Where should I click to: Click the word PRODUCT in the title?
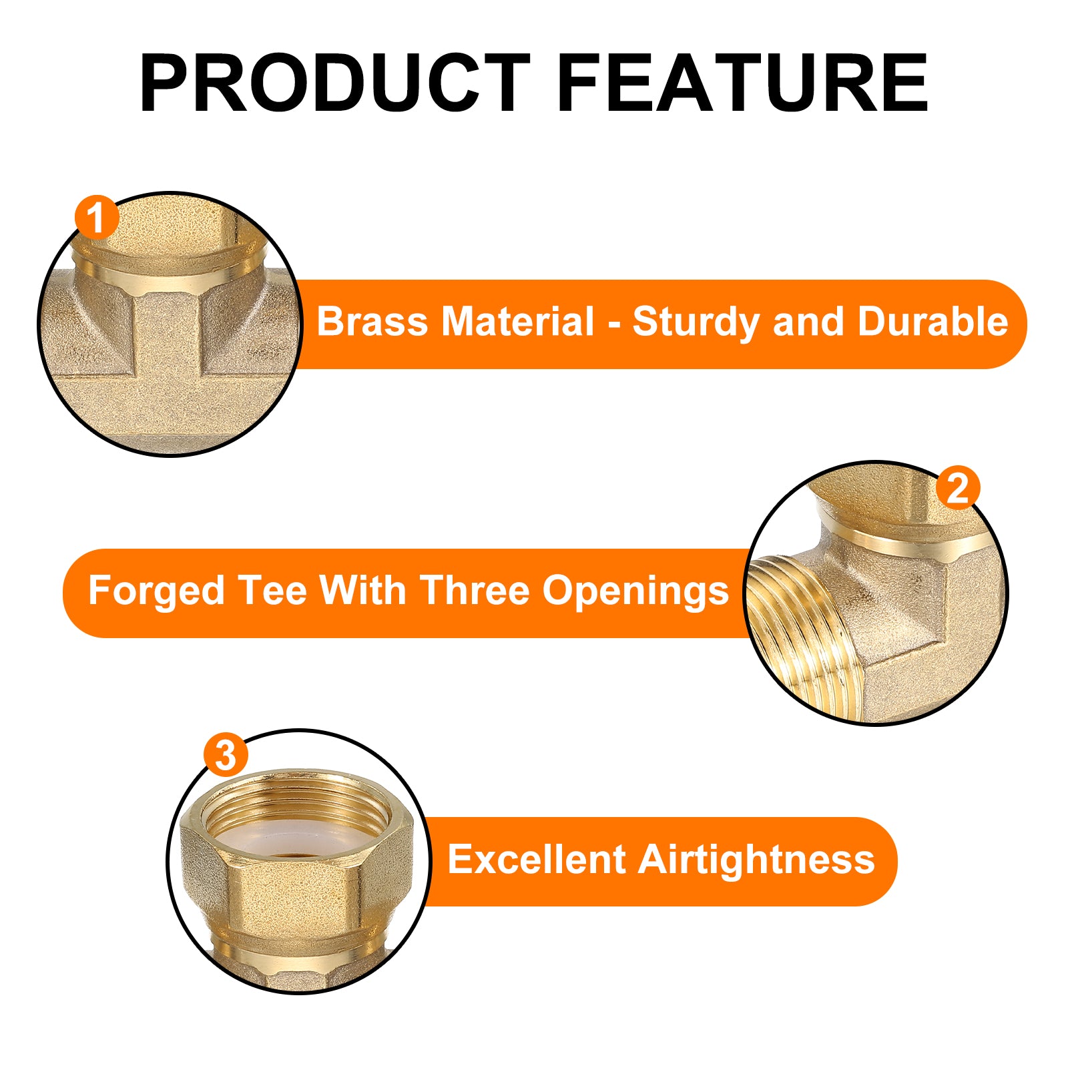tap(335, 83)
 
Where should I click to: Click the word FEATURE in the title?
tap(742, 83)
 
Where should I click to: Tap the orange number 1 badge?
tap(96, 218)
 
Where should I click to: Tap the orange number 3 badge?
tap(226, 755)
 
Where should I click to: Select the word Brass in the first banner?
tap(372, 322)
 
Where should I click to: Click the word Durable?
tap(932, 322)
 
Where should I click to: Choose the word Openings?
tap(635, 592)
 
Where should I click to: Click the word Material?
tap(517, 322)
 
